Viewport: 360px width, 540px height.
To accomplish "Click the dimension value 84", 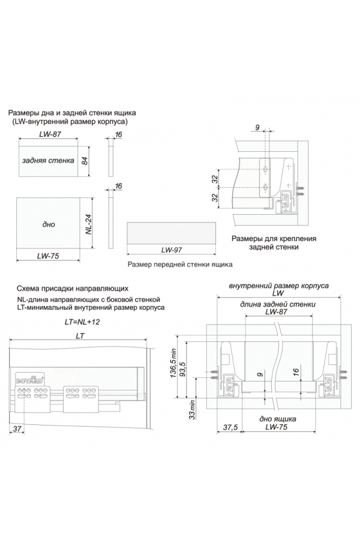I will click(x=86, y=161).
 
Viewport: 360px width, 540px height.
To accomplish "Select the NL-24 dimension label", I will click(x=88, y=224).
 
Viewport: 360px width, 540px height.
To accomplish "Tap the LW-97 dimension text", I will click(x=171, y=250).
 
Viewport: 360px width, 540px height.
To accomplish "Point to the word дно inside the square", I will click(x=49, y=224).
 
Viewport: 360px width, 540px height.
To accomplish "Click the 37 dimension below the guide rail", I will click(x=17, y=428).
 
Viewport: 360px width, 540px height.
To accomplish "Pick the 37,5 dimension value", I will click(x=230, y=428).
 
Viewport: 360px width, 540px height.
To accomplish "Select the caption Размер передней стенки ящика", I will click(x=180, y=264).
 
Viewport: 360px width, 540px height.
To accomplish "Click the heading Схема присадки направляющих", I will click(x=73, y=288).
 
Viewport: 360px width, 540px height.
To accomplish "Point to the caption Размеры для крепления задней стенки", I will click(x=265, y=242).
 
